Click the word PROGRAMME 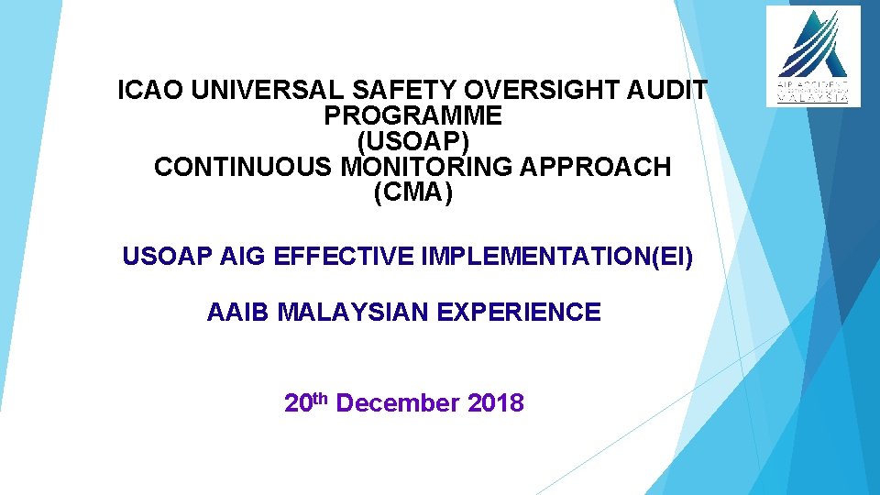pos(412,116)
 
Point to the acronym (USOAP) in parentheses pos(412,142)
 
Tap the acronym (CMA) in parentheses pos(412,193)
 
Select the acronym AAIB pos(237,313)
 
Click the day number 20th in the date pos(306,402)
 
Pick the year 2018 pos(495,403)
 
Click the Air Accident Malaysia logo pos(813,56)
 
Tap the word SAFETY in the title pos(402,91)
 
